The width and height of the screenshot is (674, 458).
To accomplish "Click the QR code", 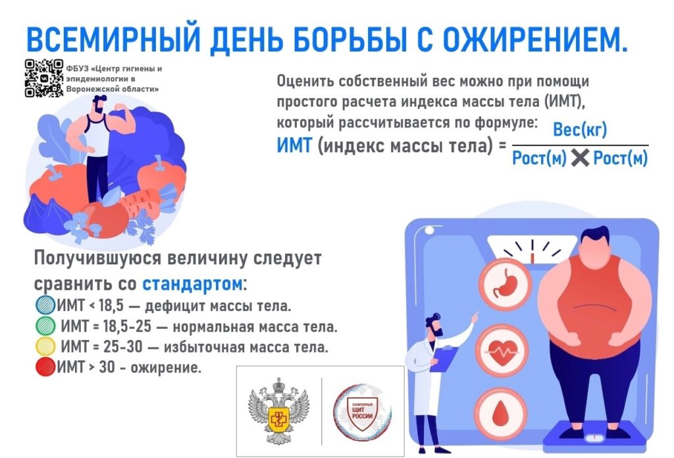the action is point(44,78).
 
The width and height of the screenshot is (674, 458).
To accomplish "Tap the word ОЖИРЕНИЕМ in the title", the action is point(534,40).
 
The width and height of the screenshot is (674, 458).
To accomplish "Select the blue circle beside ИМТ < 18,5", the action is point(45,304).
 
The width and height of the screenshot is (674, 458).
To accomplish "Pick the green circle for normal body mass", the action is point(45,326).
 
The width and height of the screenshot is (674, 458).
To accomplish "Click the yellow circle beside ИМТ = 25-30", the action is point(45,346).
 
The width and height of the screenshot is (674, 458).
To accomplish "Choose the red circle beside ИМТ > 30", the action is point(45,367).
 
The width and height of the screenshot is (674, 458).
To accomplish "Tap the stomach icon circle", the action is point(505,285).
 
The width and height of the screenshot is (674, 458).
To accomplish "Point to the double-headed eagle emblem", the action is point(278,410).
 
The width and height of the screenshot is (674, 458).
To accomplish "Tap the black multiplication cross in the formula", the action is point(580,158).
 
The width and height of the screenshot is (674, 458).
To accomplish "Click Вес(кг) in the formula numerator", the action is point(579,130).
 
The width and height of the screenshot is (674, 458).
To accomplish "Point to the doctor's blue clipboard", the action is point(443,359).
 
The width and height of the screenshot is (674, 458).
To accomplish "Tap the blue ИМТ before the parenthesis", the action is point(294,146).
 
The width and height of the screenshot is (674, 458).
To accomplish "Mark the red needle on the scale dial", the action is point(532,258).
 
